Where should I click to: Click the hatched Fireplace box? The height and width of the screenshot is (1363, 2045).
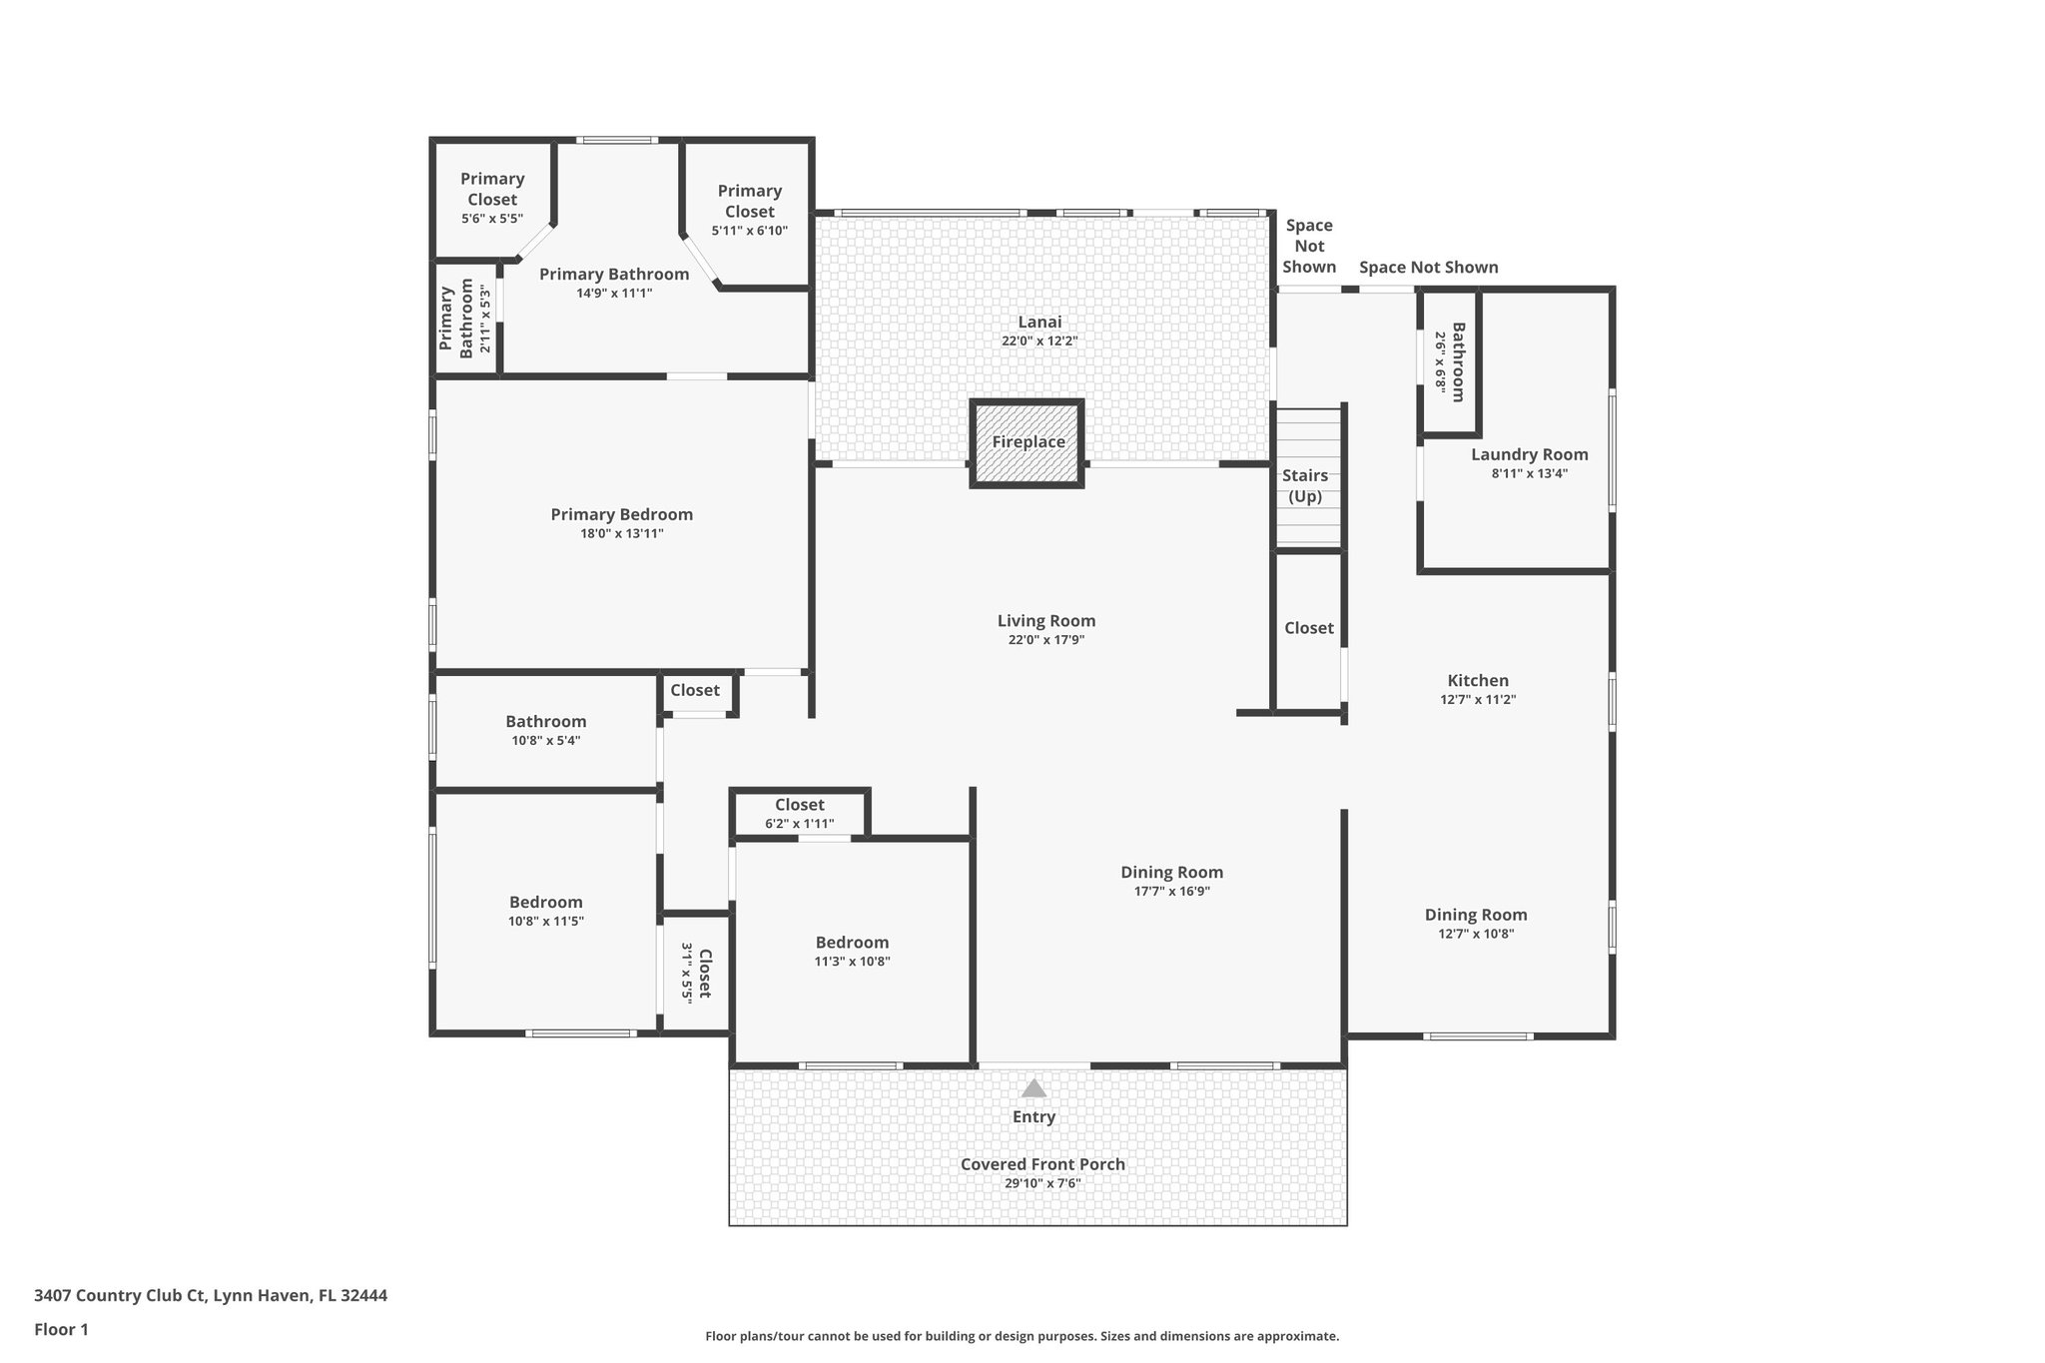click(x=1026, y=443)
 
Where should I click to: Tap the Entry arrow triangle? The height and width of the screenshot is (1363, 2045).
click(x=1033, y=1088)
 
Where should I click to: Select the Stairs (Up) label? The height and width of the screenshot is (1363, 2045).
click(x=1305, y=486)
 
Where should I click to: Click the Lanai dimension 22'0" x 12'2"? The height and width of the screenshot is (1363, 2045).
click(x=1039, y=341)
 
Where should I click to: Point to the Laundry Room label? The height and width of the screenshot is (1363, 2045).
click(x=1529, y=454)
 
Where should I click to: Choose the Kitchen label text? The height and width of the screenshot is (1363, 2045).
click(x=1478, y=681)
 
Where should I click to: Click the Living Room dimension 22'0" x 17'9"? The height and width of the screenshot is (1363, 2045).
click(x=1045, y=640)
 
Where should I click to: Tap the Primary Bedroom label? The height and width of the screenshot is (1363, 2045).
click(x=621, y=514)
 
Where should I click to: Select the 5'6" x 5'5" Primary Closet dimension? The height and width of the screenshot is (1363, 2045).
click(x=491, y=218)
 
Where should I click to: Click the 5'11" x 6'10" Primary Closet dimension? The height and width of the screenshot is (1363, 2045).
click(x=749, y=231)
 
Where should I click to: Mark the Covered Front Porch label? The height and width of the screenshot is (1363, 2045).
click(x=1042, y=1164)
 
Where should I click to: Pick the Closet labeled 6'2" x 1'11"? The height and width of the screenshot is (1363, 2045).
click(x=799, y=805)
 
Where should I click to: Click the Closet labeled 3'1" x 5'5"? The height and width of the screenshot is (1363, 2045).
click(x=696, y=973)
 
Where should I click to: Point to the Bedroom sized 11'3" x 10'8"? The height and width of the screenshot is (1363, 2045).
click(x=852, y=943)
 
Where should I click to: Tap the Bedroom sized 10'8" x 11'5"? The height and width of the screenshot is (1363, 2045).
click(x=545, y=903)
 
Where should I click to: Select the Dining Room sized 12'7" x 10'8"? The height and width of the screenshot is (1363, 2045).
click(x=1476, y=915)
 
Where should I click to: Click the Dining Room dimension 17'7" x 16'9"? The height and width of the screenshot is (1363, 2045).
click(x=1171, y=892)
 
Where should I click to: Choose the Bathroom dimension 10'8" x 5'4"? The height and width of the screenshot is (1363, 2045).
click(x=545, y=741)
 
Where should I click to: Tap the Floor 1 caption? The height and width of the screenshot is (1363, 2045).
click(x=61, y=1329)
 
